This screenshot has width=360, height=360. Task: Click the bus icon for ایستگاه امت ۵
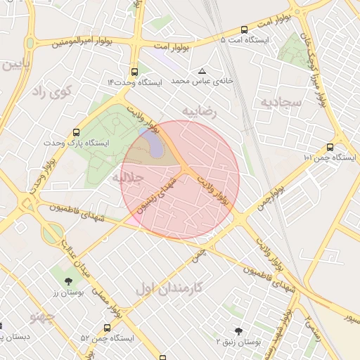click(244, 30)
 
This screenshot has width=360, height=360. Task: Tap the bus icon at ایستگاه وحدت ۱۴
click(134, 72)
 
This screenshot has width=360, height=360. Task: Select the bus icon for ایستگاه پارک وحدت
click(76, 132)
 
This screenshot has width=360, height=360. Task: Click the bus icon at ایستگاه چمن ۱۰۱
click(330, 147)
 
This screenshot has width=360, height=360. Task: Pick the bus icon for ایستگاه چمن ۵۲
click(107, 328)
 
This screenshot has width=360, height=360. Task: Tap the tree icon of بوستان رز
click(67, 281)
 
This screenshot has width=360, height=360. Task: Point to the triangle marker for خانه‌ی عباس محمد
click(202, 72)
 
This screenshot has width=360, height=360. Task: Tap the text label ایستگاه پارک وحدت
click(101, 143)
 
